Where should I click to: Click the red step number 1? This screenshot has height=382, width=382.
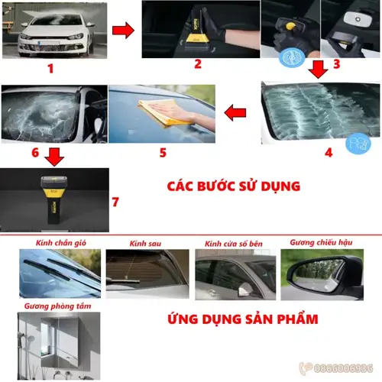(x=50, y=69)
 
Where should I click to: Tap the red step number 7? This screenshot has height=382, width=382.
(x=115, y=202)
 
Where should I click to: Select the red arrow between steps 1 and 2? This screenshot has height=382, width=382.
(x=123, y=31)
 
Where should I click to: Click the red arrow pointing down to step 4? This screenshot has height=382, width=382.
(x=318, y=70)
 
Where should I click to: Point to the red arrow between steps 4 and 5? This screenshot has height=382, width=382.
(x=235, y=112)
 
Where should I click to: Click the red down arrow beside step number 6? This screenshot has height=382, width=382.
(x=54, y=157)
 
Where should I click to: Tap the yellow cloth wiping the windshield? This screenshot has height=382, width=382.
(x=164, y=113)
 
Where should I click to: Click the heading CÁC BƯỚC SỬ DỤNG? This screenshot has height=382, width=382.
(x=234, y=186)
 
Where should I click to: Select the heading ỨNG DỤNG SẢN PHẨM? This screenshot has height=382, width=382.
(x=243, y=319)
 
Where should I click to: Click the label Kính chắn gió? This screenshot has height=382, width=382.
(x=61, y=243)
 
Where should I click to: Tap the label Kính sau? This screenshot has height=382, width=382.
(x=145, y=244)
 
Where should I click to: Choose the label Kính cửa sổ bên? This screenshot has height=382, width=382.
(x=234, y=244)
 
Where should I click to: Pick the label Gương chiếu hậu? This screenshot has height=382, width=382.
(x=321, y=242)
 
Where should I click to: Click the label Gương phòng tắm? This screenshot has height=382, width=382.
(x=57, y=306)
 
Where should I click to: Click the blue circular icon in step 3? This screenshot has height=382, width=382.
(x=292, y=57)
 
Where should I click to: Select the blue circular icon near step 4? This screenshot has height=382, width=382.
(x=358, y=144)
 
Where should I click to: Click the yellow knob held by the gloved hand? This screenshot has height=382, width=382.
(x=290, y=25)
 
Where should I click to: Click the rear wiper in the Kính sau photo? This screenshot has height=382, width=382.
(x=124, y=281)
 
